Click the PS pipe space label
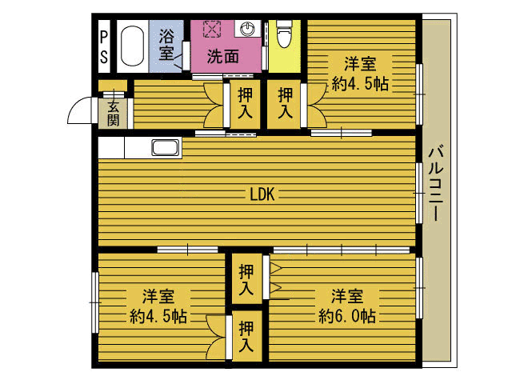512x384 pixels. click(x=104, y=46)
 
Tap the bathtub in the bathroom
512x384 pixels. click(x=132, y=46)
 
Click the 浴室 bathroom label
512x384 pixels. click(x=166, y=46)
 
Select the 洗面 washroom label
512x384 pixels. click(x=223, y=57)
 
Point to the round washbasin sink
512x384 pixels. click(x=247, y=29)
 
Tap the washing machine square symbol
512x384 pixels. click(x=212, y=30)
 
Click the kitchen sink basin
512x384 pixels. click(x=166, y=147)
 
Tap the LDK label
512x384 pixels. click(x=262, y=194)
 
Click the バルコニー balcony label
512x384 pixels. click(x=436, y=183)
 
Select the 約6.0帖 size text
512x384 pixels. click(x=346, y=316)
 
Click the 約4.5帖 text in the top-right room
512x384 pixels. click(x=360, y=84)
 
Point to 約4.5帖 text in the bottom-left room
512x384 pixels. click(x=158, y=316)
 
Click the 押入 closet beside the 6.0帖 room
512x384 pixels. click(x=246, y=280)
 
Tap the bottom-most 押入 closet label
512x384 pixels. click(x=246, y=337)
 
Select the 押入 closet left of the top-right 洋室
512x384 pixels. click(x=285, y=103)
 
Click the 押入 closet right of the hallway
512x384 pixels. click(x=246, y=103)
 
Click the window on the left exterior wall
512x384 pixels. click(x=95, y=302)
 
